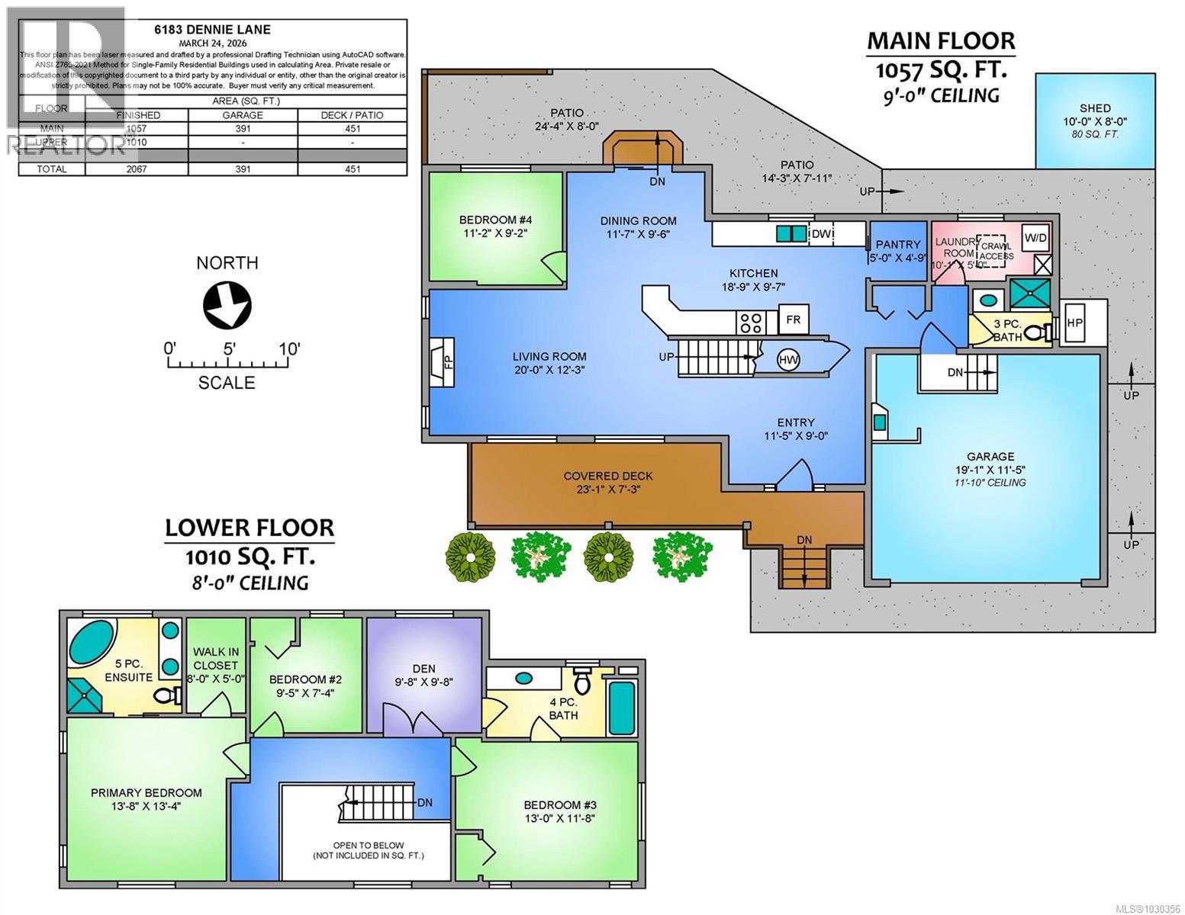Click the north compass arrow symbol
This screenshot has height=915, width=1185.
point(227,305)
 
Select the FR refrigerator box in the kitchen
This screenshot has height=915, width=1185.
point(793,319)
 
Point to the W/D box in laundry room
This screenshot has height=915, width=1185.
point(1035,238)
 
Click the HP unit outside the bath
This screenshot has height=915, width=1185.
point(1074,322)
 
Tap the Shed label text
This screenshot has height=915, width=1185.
point(1094,108)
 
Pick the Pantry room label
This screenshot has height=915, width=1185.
point(898,244)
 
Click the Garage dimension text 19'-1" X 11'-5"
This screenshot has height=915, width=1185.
point(990,469)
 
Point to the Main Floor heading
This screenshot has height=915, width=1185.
point(940,40)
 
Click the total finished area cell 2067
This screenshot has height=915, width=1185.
point(137,169)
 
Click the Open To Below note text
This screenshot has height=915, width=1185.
point(368,846)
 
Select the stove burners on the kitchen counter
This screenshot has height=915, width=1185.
point(749,322)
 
